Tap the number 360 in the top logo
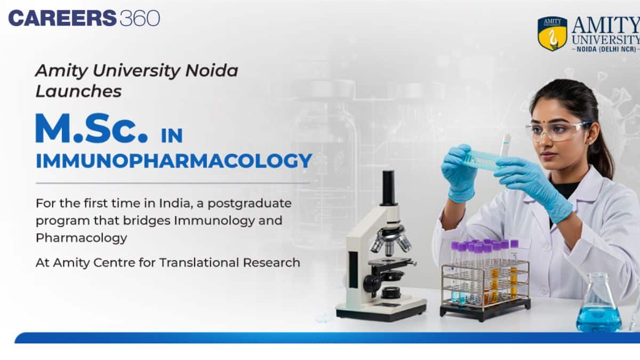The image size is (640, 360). [x=140, y=18]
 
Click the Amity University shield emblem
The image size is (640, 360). [x=552, y=34]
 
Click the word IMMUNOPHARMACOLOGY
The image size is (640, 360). [x=174, y=161]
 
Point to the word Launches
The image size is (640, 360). [x=78, y=91]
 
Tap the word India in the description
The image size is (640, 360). [x=164, y=204]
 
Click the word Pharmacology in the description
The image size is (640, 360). [x=82, y=238]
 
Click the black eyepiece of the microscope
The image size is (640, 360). [x=388, y=187]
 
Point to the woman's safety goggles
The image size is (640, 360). [x=557, y=130]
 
